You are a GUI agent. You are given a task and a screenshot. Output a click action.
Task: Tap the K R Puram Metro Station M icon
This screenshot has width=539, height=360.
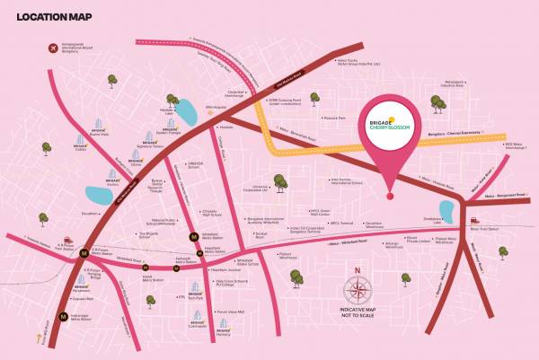pos(84,252)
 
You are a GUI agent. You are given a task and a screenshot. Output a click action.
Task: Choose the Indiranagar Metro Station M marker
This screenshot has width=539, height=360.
pos(62,315)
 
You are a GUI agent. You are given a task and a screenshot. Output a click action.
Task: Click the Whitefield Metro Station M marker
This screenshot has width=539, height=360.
pos(192,237)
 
